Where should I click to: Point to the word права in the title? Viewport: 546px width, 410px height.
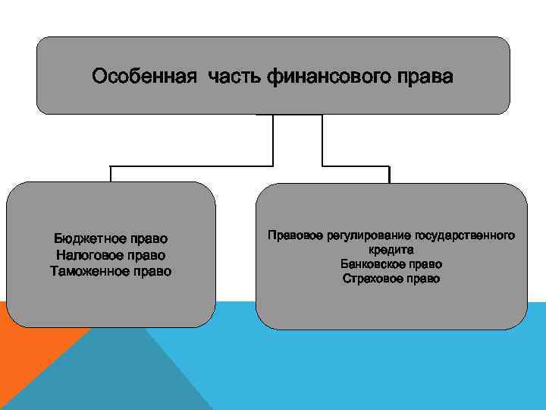(x=427, y=77)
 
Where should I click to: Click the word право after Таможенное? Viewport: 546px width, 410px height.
(x=152, y=270)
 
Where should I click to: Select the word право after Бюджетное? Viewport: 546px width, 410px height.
(x=146, y=240)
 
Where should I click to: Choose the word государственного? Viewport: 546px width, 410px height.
(x=466, y=235)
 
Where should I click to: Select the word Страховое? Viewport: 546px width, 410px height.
(x=375, y=278)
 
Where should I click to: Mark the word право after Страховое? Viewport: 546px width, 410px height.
(x=425, y=278)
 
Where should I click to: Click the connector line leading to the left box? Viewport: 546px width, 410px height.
(x=190, y=166)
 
